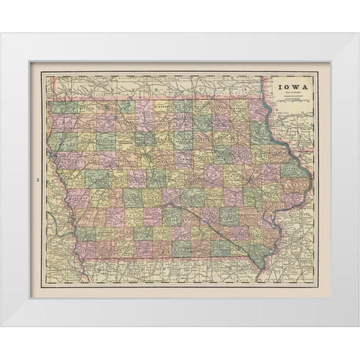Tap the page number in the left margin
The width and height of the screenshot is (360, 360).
(36, 179)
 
